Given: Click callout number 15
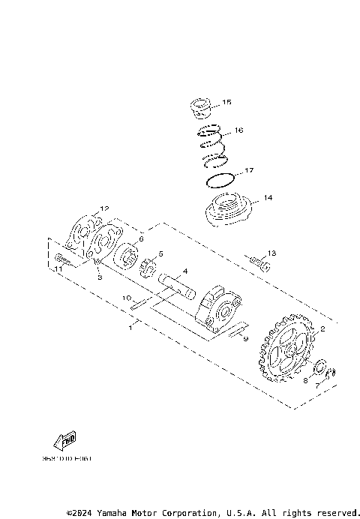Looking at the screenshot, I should point(227,102).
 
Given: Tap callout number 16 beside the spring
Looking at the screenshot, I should point(238,130).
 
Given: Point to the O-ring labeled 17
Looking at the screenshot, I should point(218,180).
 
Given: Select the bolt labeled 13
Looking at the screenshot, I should point(259,263).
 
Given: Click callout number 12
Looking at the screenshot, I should point(105,208).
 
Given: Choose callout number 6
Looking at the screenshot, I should point(140,238).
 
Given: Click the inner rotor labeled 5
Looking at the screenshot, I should point(148,266).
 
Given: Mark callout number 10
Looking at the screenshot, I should point(127,298).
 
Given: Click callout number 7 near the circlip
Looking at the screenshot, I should point(316,384).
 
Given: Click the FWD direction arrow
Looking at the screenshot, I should point(67,439).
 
